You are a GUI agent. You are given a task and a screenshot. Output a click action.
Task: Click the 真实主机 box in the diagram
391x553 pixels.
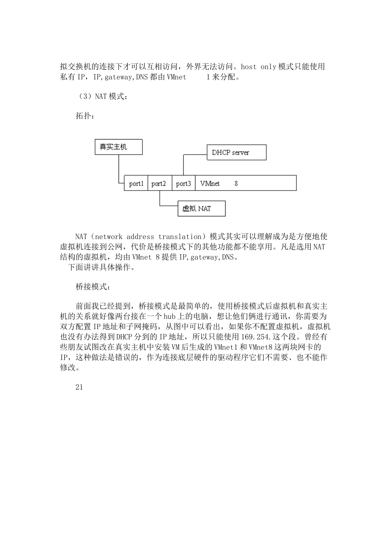[119, 147]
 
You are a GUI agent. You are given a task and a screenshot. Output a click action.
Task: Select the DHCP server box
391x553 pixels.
[236, 152]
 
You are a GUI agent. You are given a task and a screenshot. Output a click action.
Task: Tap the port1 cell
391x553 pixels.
[136, 184]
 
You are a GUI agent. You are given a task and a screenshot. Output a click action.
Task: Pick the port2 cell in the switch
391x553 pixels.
[159, 184]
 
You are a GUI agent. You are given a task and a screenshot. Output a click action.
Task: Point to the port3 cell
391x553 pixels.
[183, 184]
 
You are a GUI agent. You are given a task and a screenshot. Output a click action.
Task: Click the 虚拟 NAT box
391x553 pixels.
[201, 209]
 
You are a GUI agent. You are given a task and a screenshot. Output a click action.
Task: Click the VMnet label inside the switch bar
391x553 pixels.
[210, 184]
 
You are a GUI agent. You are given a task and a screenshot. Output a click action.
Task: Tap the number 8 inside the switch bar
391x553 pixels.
[236, 184]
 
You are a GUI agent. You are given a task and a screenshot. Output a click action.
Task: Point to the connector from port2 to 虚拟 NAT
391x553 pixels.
[160, 200]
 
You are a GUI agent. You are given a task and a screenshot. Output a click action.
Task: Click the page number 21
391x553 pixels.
[79, 387]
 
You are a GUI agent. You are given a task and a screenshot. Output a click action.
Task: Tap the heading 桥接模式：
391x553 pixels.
[93, 287]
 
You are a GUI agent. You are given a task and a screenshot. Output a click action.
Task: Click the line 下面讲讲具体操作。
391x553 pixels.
[101, 267]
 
